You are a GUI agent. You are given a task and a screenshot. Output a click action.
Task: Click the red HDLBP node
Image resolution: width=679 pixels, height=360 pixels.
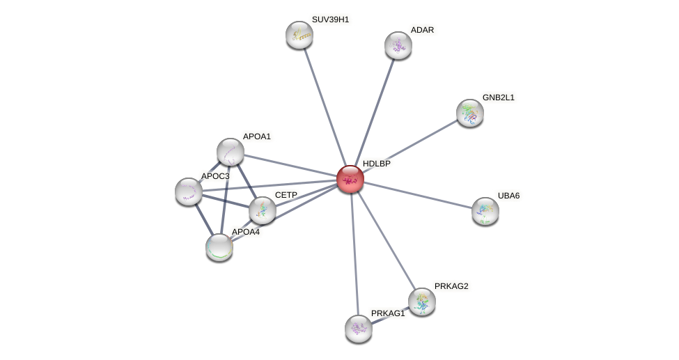point(350,179)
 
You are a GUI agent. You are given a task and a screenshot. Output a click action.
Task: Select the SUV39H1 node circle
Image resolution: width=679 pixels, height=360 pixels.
point(299,35)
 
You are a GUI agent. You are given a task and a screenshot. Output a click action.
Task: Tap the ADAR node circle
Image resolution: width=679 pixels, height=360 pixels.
point(398,45)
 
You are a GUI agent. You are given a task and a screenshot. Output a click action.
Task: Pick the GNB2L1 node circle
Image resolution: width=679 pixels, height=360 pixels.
point(470,112)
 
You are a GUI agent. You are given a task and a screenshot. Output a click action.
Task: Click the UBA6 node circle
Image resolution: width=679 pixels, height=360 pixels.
point(485,211)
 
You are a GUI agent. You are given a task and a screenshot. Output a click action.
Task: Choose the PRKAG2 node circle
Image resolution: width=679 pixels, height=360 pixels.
point(421,302)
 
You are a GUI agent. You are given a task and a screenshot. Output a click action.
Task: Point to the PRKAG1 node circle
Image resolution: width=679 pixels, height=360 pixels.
point(359,329)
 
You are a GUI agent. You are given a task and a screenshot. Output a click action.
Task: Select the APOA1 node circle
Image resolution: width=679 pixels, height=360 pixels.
point(231,152)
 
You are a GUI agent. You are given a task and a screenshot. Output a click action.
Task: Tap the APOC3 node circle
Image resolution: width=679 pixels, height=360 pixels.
point(189,191)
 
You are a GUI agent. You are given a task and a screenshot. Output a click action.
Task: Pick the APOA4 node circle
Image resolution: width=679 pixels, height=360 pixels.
point(219,246)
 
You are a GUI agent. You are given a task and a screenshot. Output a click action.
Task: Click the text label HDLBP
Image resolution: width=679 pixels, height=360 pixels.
point(376,164)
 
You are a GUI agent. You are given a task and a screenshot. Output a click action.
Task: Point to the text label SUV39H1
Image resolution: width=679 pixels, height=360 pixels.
point(330,19)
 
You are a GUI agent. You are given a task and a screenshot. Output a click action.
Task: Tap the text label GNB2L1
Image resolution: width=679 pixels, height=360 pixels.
point(498,97)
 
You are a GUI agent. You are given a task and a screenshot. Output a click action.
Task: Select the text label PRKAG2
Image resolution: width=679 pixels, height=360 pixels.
point(451,286)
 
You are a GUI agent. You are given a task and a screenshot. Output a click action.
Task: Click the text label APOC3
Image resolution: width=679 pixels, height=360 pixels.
point(214,176)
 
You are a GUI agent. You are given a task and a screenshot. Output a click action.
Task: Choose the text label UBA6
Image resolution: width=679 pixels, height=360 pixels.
point(508,196)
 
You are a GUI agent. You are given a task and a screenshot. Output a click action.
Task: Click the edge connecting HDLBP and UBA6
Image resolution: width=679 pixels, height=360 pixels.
point(418,195)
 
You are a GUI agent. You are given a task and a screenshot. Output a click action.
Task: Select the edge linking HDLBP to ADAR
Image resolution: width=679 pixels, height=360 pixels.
point(374,112)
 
